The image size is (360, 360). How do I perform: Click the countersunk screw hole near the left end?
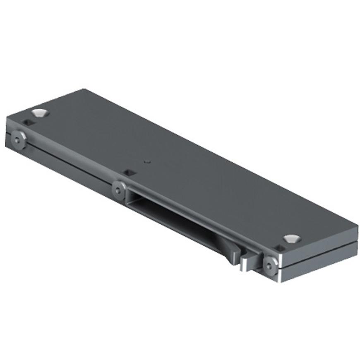click(39, 112)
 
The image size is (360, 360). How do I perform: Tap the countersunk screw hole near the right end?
click(292, 238)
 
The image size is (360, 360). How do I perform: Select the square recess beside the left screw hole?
click(28, 123)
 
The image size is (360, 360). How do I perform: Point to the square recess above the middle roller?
click(130, 172)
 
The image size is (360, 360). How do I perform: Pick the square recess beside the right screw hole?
click(280, 247)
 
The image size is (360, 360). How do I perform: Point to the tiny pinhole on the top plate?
click(146, 162)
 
